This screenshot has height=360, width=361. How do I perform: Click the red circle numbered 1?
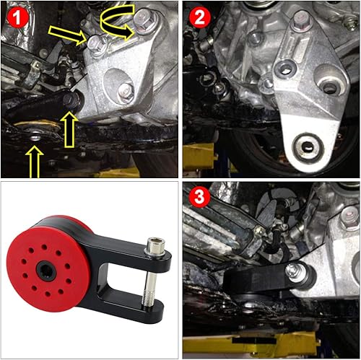point(17,16)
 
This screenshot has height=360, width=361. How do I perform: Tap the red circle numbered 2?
point(197,16)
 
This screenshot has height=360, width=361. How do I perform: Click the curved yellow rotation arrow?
point(119,22)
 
